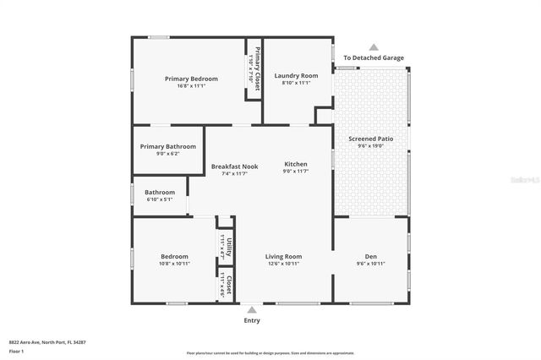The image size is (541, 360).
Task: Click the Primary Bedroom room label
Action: click(191, 79)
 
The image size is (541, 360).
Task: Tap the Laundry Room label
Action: click(296, 75)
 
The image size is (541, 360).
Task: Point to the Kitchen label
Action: click(295, 164)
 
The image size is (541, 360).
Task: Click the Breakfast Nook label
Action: click(234, 166)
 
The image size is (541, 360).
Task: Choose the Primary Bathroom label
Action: click(168, 146)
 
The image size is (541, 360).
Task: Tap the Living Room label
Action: click(283, 256)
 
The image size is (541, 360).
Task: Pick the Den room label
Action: click(370, 256)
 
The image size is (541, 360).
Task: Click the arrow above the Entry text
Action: click(252, 310)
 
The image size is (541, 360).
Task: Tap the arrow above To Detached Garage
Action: click(373, 48)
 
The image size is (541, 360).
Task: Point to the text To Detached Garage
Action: click(373, 58)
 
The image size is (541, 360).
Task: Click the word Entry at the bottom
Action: click(252, 320)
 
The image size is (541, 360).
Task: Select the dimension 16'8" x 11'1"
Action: click(191, 86)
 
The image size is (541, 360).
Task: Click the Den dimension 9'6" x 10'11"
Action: click(370, 264)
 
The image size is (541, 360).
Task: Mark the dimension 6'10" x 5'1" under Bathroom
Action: click(160, 199)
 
